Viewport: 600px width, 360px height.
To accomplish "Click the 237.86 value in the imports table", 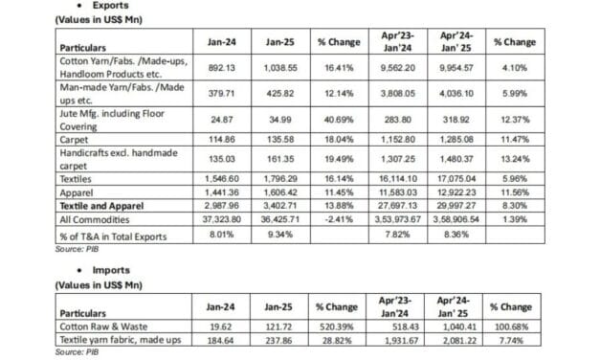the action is pyautogui.click(x=277, y=341).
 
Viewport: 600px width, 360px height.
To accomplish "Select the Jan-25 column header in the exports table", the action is pyautogui.click(x=277, y=43).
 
